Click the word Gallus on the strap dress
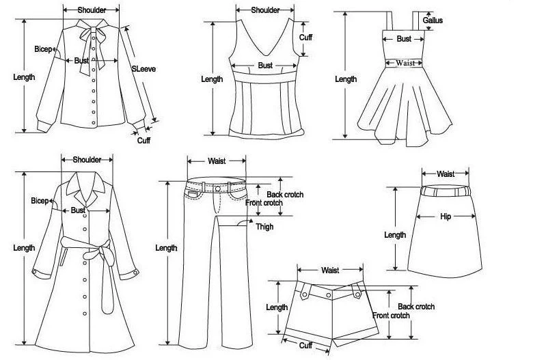tap(433, 20)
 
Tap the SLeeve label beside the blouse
tap(143, 69)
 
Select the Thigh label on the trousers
tap(264, 227)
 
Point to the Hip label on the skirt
tap(446, 217)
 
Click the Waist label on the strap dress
tap(405, 63)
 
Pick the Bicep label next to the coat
tap(40, 201)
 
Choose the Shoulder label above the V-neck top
tap(265, 10)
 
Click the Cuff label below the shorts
tap(305, 346)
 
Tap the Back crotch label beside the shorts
tap(416, 307)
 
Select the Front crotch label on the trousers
tap(264, 203)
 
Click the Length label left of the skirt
tap(395, 235)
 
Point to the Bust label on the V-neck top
tap(265, 66)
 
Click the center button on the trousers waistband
tap(218, 189)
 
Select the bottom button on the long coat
tap(85, 314)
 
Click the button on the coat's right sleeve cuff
tap(135, 273)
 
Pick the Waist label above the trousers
tap(217, 161)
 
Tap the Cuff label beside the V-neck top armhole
tap(305, 38)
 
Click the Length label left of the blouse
tap(24, 77)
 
